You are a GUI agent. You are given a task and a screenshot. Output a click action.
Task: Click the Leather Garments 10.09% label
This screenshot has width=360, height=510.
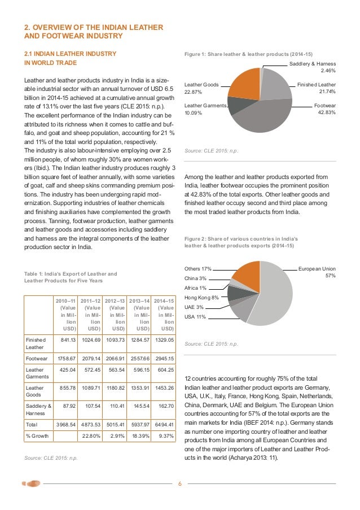pos(205,109)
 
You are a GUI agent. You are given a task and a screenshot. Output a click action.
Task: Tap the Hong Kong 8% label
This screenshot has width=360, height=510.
pos(201,297)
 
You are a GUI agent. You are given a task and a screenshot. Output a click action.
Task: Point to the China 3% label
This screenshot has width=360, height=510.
pos(195,278)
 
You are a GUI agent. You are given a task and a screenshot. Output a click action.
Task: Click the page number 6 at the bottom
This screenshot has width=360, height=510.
pos(179,484)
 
